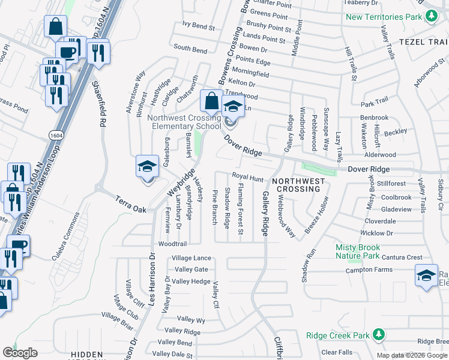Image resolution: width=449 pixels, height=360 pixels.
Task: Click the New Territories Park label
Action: coord(384,17)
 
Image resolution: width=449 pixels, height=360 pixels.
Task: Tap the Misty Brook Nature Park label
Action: coord(357,252)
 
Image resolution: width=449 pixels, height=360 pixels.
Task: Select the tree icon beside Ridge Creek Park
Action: coord(378,334)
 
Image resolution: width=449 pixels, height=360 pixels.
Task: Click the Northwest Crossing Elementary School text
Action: coord(184,122)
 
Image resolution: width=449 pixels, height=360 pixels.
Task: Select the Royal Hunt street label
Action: coord(248,178)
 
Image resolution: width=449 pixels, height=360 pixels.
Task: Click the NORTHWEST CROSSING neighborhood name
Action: coord(298,185)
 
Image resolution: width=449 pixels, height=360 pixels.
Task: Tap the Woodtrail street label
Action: coord(172,244)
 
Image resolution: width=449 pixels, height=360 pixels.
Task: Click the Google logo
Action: coord(20,353)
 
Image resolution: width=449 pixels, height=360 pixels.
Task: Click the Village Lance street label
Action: coord(191,258)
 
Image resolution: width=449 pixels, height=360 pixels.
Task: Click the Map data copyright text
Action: coord(412,355)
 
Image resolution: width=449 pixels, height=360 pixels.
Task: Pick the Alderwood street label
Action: coord(393,154)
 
